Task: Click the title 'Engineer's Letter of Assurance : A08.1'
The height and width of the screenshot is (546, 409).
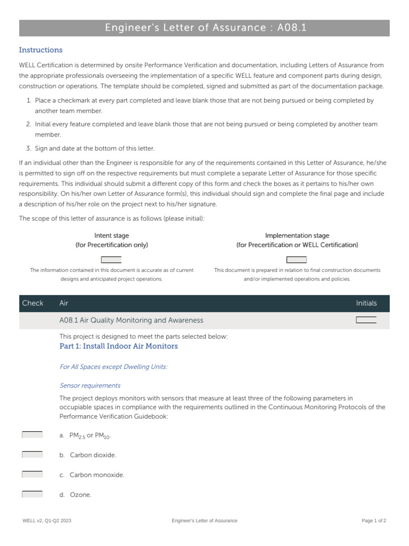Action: pyautogui.click(x=204, y=28)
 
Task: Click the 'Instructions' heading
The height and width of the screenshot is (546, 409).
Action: pyautogui.click(x=40, y=50)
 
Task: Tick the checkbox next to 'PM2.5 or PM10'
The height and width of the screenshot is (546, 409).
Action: pyautogui.click(x=32, y=435)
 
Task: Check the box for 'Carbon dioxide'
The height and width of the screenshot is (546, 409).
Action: pyautogui.click(x=32, y=455)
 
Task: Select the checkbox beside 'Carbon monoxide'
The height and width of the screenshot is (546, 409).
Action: pyautogui.click(x=32, y=475)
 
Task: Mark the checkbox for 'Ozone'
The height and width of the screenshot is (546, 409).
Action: pyautogui.click(x=32, y=494)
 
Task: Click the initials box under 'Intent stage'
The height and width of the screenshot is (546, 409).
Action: pyautogui.click(x=111, y=260)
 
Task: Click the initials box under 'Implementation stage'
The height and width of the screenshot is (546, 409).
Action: pyautogui.click(x=297, y=260)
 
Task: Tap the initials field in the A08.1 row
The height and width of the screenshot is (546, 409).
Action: pyautogui.click(x=366, y=320)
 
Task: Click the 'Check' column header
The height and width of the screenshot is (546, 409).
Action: pyautogui.click(x=32, y=303)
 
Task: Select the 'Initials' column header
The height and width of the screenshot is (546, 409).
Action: pyautogui.click(x=366, y=303)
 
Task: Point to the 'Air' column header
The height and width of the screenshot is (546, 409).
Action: pyautogui.click(x=64, y=303)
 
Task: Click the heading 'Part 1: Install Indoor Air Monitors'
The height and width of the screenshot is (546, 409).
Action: pyautogui.click(x=118, y=346)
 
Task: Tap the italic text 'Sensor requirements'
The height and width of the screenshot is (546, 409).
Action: pyautogui.click(x=89, y=386)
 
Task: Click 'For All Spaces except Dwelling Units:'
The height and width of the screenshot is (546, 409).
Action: pyautogui.click(x=113, y=367)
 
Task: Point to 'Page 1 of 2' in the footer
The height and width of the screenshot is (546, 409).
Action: pyautogui.click(x=373, y=520)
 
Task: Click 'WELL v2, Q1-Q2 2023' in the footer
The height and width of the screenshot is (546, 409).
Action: pyautogui.click(x=46, y=520)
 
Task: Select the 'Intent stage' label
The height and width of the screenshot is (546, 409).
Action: pyautogui.click(x=111, y=236)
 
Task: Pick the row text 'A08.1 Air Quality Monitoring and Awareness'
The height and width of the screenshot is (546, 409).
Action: pyautogui.click(x=131, y=320)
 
